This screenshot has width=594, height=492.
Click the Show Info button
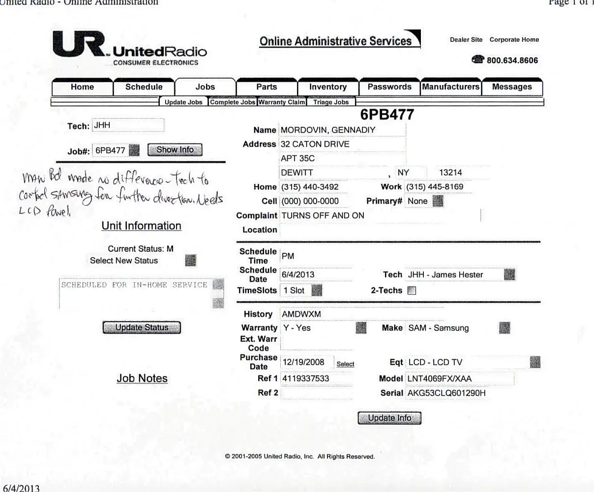point(175,150)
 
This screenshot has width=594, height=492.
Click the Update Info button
point(389,418)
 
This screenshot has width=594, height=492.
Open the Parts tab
point(267,87)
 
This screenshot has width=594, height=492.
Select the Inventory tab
point(328,87)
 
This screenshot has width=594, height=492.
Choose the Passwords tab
point(389,87)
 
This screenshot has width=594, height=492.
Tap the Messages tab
point(512,87)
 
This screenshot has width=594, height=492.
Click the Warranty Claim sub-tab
point(282,102)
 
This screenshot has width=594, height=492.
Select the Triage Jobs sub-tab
point(331,102)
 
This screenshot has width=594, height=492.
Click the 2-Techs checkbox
point(412,291)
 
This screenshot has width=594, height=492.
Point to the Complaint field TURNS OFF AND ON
point(323,215)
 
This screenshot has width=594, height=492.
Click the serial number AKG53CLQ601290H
point(446,393)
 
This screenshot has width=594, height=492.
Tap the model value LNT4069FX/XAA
point(439,379)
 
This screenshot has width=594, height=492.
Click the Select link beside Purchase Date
point(345,364)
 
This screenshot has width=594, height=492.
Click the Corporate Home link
point(514,40)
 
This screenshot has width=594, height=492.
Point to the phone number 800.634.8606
point(512,61)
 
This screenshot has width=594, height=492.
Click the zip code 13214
point(450,173)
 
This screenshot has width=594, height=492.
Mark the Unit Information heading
point(141,226)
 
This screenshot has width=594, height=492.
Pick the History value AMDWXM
point(301,314)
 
